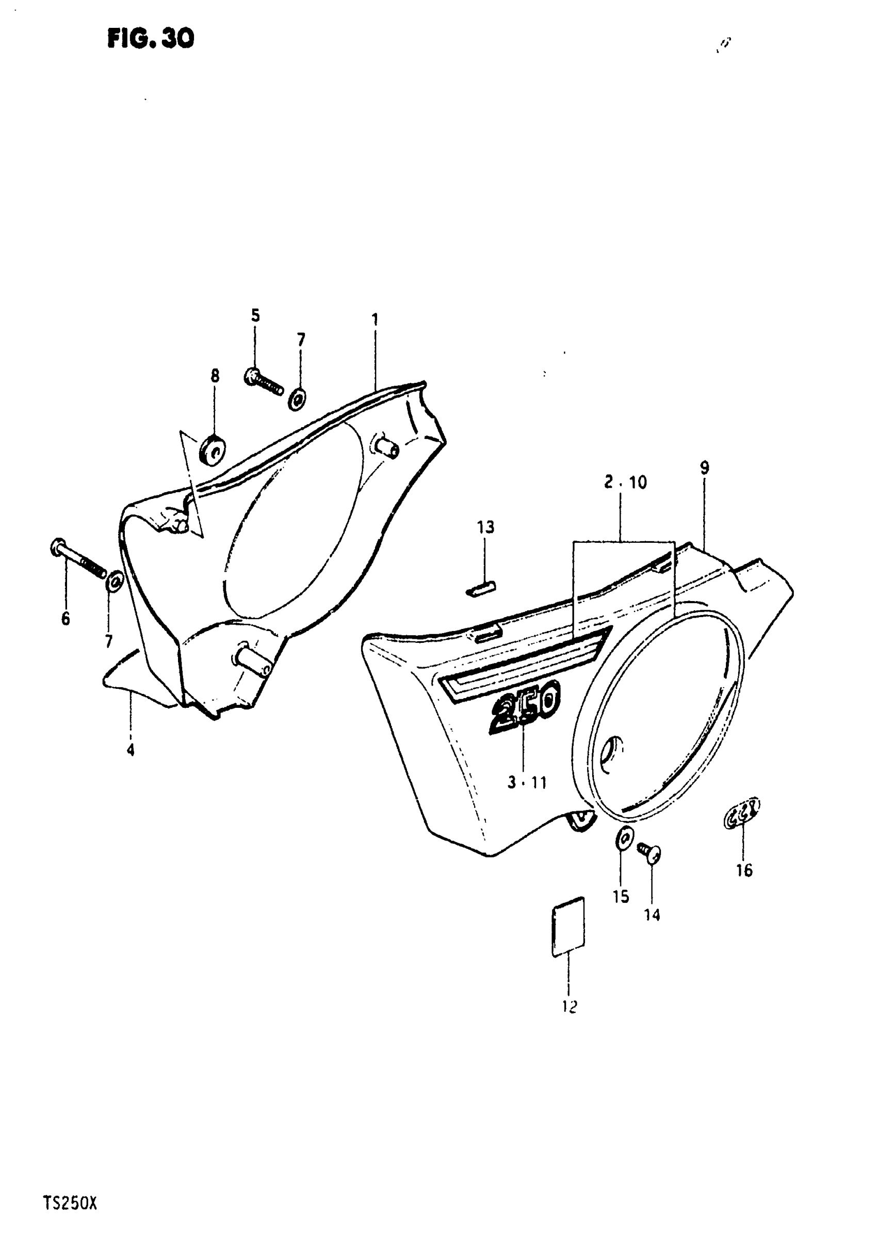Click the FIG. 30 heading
(x=150, y=39)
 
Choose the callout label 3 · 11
(x=527, y=783)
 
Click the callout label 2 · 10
(x=625, y=482)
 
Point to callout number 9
(x=704, y=468)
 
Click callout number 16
(x=744, y=870)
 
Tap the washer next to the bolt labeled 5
(x=297, y=399)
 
